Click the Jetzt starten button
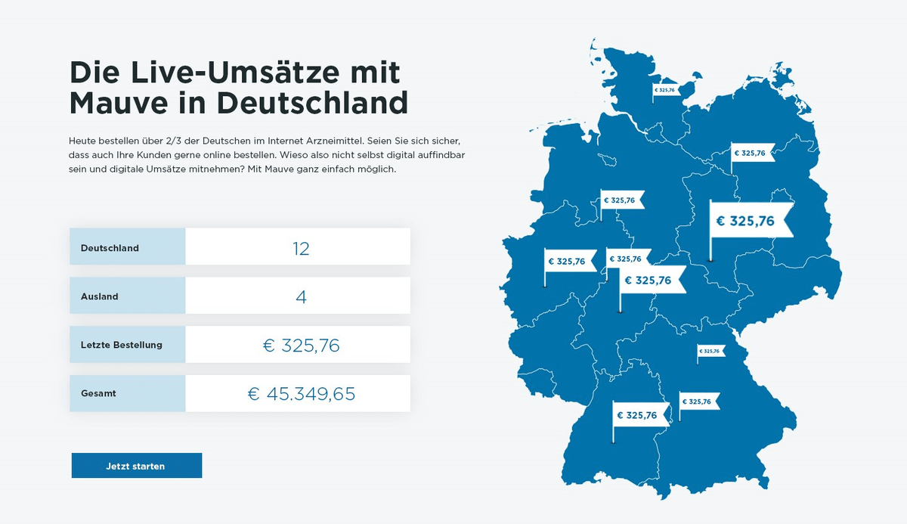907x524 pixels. [136, 466]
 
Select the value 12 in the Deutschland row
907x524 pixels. [301, 248]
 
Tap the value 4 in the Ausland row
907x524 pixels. [301, 296]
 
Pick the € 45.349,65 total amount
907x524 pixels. [301, 394]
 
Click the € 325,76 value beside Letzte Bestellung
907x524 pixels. [301, 346]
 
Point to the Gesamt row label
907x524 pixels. [98, 394]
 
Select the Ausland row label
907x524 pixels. [100, 296]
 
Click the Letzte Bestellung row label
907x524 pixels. [121, 346]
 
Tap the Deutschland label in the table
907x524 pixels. [110, 248]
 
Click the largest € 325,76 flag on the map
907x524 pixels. [748, 222]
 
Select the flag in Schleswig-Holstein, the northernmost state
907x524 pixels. [666, 90]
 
